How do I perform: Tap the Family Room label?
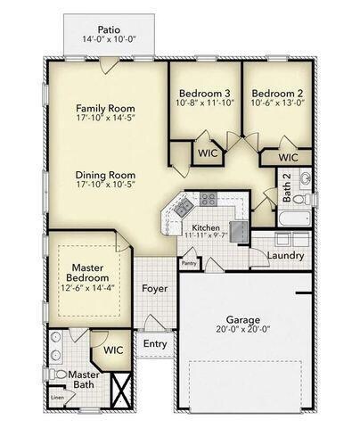point(104,107)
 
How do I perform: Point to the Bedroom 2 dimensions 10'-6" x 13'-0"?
point(277,103)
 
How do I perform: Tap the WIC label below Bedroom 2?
point(287,157)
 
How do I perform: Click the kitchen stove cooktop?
point(208,200)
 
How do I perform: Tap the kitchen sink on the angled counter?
point(183,210)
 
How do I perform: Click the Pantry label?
point(188,263)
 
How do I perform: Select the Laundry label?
point(285,256)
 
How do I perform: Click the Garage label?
point(241,318)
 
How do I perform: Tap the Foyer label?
point(154,289)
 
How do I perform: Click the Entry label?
point(154,343)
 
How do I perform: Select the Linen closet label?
point(57,397)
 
